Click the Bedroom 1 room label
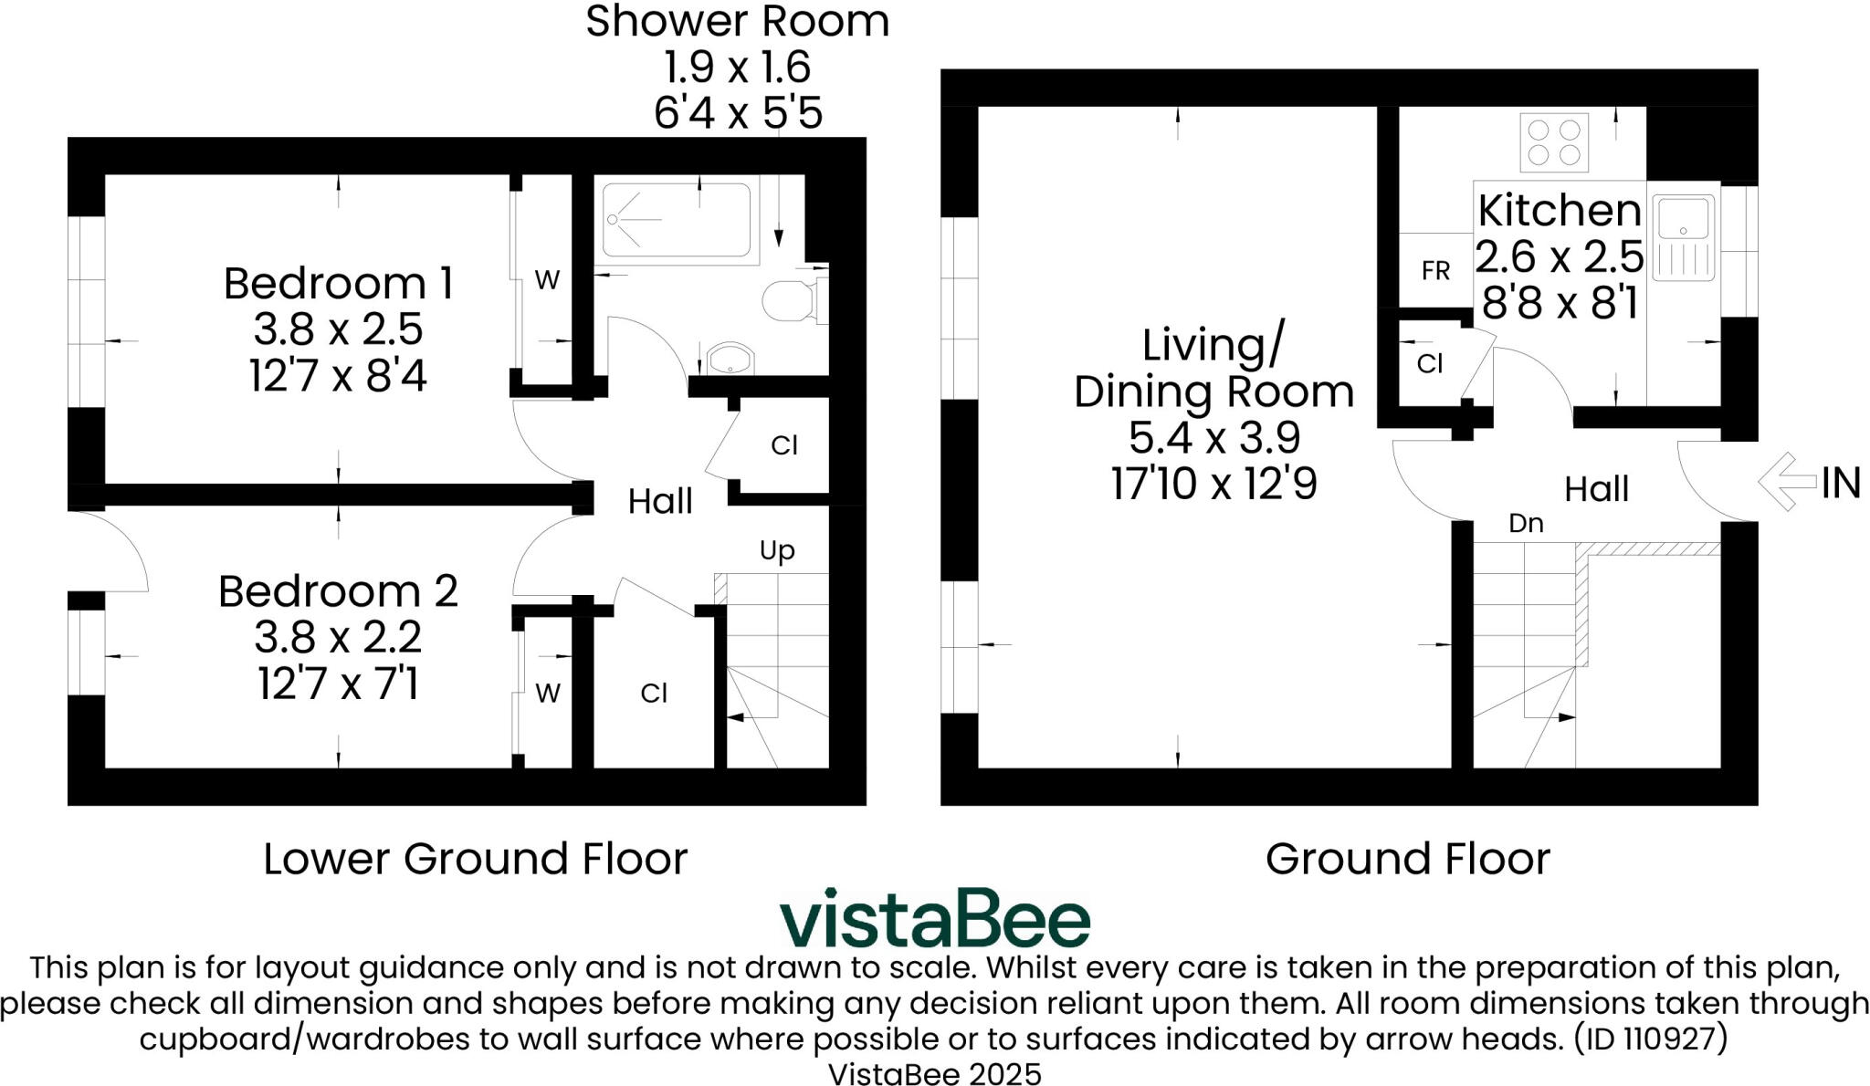tap(338, 284)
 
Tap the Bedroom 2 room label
tap(338, 591)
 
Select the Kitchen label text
tap(1560, 211)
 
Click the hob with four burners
tap(1554, 141)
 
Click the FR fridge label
tap(1435, 271)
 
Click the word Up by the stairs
tap(777, 550)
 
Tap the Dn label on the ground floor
tap(1526, 523)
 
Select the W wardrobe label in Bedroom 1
tap(547, 280)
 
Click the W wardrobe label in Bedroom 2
tap(547, 694)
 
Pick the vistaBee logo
tap(935, 917)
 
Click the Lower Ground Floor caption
tap(475, 859)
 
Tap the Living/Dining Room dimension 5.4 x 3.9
tap(1213, 437)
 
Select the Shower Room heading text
tap(737, 21)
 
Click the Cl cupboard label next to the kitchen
tap(1430, 364)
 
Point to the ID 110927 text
tap(1651, 1039)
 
